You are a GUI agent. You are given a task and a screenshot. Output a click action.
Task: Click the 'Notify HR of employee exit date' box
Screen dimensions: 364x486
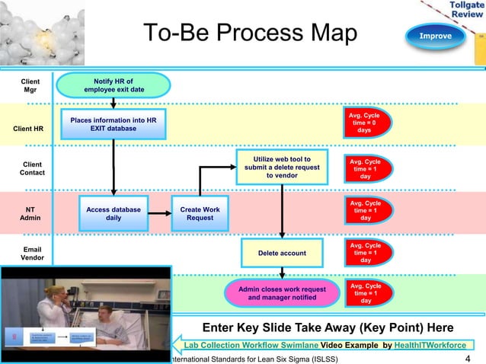[113, 85]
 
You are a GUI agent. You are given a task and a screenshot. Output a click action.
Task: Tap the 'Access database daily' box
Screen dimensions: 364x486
[113, 213]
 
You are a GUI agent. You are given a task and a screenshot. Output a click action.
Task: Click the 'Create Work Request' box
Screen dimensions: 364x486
[200, 213]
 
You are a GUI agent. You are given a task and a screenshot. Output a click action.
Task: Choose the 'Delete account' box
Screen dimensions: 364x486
[282, 253]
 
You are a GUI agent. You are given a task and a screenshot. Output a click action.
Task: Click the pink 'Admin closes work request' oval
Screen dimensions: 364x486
[282, 293]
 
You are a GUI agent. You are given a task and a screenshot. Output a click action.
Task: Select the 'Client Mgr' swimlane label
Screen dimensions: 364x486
[30, 85]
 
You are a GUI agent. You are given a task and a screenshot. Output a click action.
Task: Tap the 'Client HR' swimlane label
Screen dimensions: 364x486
[28, 128]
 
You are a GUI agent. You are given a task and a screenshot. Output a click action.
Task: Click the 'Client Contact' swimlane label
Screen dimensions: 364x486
[32, 168]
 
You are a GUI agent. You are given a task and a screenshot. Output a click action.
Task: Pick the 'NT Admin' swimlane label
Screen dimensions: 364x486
[30, 213]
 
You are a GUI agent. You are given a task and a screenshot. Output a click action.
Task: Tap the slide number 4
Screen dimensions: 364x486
[467, 358]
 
